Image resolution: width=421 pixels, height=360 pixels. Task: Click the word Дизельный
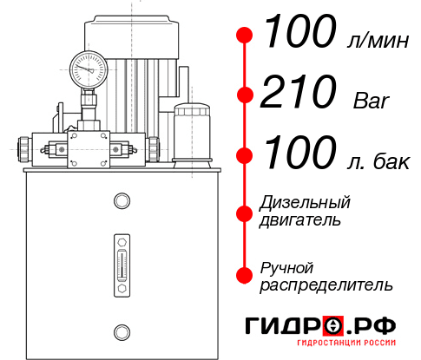[306, 203]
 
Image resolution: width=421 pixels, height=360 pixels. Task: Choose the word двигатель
[300, 220]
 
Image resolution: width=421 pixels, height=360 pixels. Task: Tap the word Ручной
[286, 267]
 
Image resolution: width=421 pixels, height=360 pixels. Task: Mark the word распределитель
[326, 285]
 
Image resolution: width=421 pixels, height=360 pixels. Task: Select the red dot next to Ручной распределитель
[245, 275]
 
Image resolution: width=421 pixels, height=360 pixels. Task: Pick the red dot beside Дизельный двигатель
[245, 213]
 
